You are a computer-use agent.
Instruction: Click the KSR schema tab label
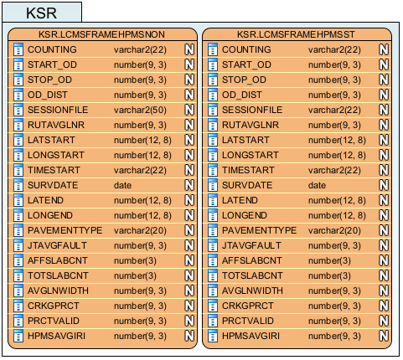click(x=41, y=13)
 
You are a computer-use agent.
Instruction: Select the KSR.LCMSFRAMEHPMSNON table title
click(x=101, y=34)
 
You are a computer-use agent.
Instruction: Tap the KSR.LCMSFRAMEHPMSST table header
click(x=296, y=34)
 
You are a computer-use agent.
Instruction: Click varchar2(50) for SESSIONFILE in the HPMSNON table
click(x=140, y=110)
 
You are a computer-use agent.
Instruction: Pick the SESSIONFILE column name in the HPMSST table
click(x=252, y=110)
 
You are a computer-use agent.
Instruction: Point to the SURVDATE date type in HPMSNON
click(x=122, y=185)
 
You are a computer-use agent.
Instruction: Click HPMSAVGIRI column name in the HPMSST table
click(x=251, y=336)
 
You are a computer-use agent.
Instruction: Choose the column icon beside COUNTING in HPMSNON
click(x=18, y=49)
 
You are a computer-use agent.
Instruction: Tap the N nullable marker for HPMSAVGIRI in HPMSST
click(x=384, y=336)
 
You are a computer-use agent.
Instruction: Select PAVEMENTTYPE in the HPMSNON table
click(x=65, y=230)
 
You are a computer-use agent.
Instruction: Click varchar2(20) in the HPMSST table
click(x=334, y=230)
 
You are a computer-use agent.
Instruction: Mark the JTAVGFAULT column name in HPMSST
click(x=251, y=245)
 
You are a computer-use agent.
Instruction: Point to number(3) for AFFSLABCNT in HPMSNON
click(x=135, y=260)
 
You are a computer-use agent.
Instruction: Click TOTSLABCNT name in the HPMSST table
click(x=252, y=275)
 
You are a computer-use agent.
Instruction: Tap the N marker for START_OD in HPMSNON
click(x=189, y=64)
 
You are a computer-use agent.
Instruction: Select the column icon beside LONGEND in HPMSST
click(x=213, y=215)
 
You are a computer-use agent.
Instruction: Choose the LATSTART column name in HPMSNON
click(x=51, y=140)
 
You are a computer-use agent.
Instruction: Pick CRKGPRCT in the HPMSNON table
click(x=54, y=306)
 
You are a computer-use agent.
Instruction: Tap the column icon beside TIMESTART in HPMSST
click(x=213, y=170)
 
